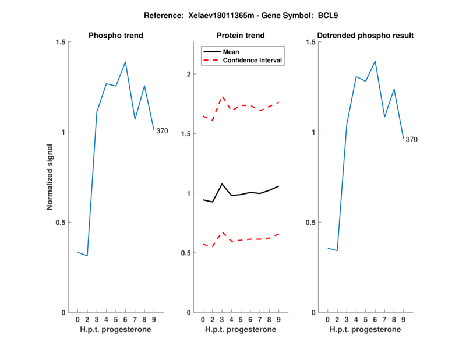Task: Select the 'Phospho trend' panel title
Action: pos(116,36)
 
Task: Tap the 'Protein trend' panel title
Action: pos(241,36)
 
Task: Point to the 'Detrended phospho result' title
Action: pos(365,36)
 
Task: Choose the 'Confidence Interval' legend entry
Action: pos(252,60)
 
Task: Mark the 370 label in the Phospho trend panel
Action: pos(162,131)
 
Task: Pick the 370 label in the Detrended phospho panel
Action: pos(411,139)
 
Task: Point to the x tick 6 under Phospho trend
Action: pos(125,319)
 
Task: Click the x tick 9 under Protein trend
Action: pos(278,319)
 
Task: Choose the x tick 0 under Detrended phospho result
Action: pos(327,319)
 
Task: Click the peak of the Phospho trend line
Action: pos(125,62)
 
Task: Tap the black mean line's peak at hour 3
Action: pos(222,184)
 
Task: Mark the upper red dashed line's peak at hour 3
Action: pos(222,97)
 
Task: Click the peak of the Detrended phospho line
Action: pos(375,61)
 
